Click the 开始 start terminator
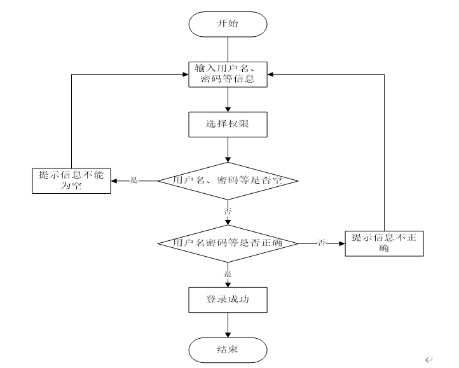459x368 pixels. (228, 24)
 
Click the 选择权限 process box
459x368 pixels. (228, 124)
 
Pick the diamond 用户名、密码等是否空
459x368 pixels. (228, 181)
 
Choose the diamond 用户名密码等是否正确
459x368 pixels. (228, 243)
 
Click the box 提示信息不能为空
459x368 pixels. (71, 181)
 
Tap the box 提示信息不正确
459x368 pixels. (383, 243)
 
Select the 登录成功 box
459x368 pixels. (228, 299)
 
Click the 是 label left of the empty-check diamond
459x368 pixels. (134, 181)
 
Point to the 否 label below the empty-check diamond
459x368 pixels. (228, 210)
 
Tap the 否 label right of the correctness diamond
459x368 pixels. (322, 243)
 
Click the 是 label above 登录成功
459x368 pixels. (228, 273)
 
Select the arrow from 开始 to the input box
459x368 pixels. (228, 48)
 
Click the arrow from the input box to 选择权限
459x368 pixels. (228, 100)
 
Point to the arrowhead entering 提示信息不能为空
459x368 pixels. (114, 181)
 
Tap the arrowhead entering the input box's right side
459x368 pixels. (270, 74)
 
